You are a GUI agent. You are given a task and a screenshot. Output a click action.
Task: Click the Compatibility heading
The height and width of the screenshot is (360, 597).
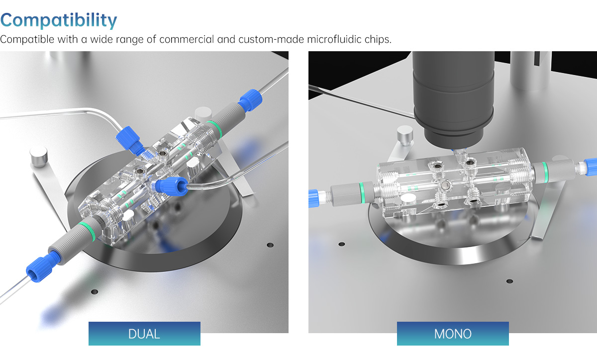pyautogui.click(x=59, y=20)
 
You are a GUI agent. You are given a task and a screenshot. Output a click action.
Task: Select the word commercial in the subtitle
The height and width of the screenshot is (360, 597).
pyautogui.click(x=187, y=39)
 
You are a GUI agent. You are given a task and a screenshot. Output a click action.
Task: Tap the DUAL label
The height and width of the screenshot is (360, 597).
pyautogui.click(x=144, y=334)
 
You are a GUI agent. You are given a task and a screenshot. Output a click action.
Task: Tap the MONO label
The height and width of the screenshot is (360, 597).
pyautogui.click(x=453, y=334)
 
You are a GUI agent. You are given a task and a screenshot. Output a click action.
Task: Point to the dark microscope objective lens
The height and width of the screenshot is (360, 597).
pyautogui.click(x=453, y=98)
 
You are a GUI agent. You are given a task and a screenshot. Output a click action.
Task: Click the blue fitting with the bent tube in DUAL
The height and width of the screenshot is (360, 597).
pyautogui.click(x=171, y=186)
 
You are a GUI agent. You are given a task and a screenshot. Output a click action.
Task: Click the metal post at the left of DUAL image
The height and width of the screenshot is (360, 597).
pyautogui.click(x=39, y=157)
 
